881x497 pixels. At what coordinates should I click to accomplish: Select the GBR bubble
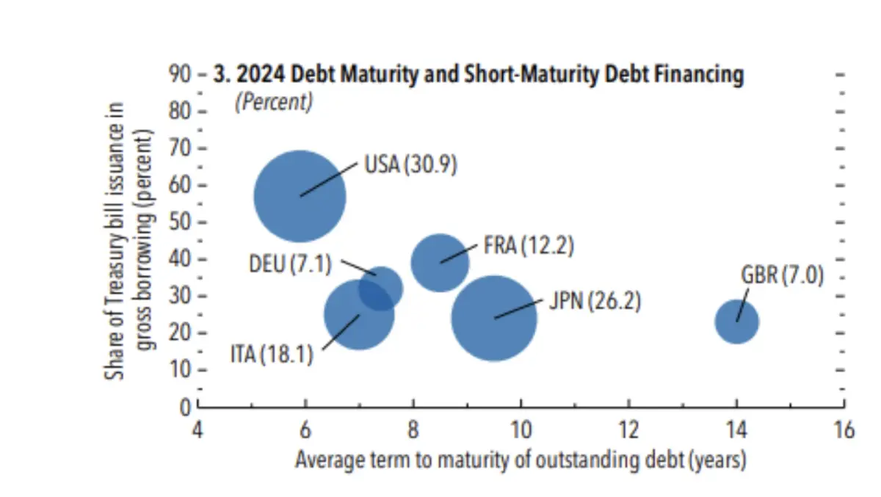[736, 321]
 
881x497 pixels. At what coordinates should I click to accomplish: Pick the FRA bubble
[440, 262]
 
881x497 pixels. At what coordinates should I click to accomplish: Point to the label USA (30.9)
[410, 165]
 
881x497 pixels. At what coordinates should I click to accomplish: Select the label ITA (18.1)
[272, 355]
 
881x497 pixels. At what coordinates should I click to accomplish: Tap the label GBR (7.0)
[783, 277]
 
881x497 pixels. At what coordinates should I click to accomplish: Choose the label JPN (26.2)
[595, 302]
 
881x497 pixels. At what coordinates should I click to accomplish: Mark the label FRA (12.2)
[529, 244]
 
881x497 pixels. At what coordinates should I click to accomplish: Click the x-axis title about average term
[521, 460]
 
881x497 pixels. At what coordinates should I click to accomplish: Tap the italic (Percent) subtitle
[273, 102]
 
